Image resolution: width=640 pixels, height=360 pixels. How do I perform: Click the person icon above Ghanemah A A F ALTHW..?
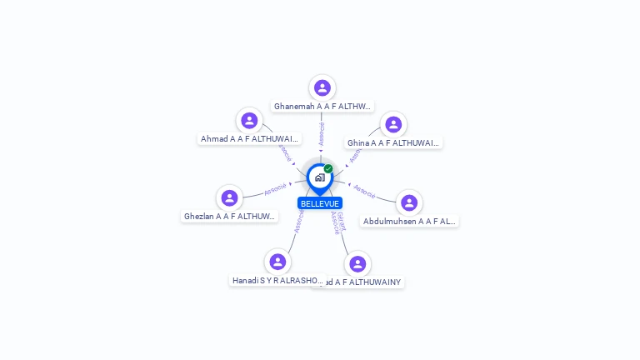point(322,87)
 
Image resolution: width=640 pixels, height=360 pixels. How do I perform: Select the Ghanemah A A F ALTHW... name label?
point(322,107)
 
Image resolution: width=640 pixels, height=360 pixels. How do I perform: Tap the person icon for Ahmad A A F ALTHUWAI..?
point(249,121)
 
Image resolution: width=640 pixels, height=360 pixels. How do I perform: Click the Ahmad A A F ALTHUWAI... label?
point(249,139)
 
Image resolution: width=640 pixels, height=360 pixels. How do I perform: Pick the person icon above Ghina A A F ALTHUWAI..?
point(393,124)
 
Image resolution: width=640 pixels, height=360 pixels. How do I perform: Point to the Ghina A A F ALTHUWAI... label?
point(393,143)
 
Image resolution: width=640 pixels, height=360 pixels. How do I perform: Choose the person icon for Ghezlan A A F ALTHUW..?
point(229,197)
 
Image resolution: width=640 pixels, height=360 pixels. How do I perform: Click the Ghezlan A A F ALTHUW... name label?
point(229,217)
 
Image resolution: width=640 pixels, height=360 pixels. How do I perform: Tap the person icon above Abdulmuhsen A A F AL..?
point(408,202)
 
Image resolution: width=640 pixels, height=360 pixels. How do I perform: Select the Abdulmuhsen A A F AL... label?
point(409,222)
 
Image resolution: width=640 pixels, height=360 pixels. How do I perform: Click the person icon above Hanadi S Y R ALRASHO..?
point(277,262)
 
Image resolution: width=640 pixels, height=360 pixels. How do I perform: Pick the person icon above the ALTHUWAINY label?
point(357,263)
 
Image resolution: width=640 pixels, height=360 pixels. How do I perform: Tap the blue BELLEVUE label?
point(320,203)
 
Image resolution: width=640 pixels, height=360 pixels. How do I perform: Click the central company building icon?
point(319,177)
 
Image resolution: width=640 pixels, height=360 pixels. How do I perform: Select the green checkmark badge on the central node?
point(328,169)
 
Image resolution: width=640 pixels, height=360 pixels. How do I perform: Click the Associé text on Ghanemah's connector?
point(322,133)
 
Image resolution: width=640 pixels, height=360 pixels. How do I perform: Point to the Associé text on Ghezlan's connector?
point(275,189)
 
